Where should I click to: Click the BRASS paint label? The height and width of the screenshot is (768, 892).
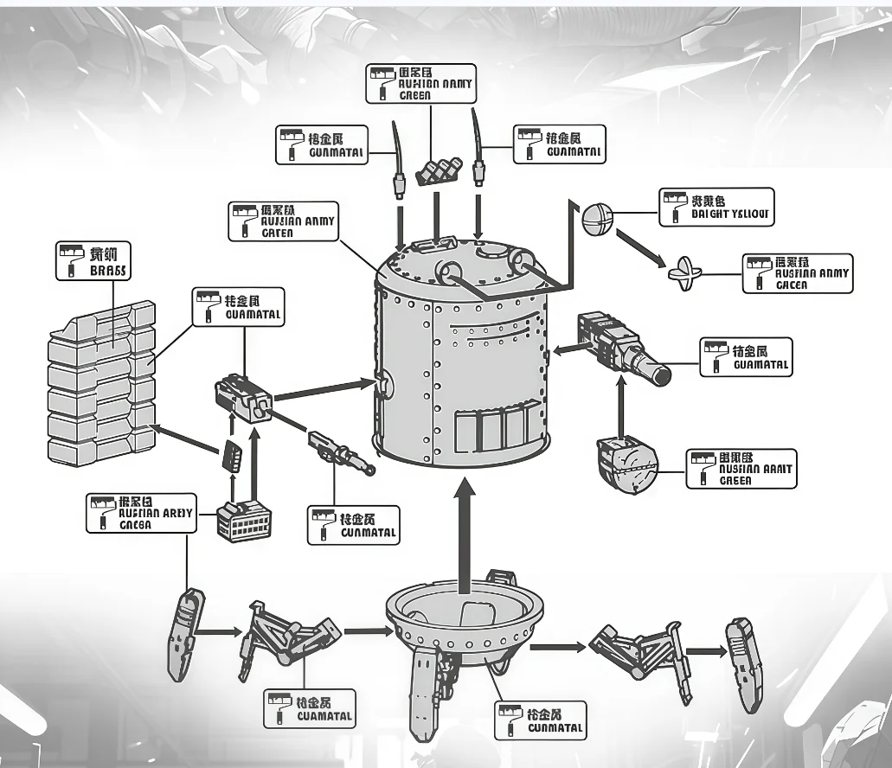click(92, 260)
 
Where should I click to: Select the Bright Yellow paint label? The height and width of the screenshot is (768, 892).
click(716, 208)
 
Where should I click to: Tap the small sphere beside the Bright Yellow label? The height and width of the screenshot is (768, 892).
click(597, 218)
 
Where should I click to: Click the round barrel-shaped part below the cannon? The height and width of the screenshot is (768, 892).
click(626, 467)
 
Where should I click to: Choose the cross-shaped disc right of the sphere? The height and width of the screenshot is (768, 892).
click(688, 274)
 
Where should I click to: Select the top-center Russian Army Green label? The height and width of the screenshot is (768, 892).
click(420, 83)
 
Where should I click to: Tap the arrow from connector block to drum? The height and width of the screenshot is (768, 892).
click(320, 388)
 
